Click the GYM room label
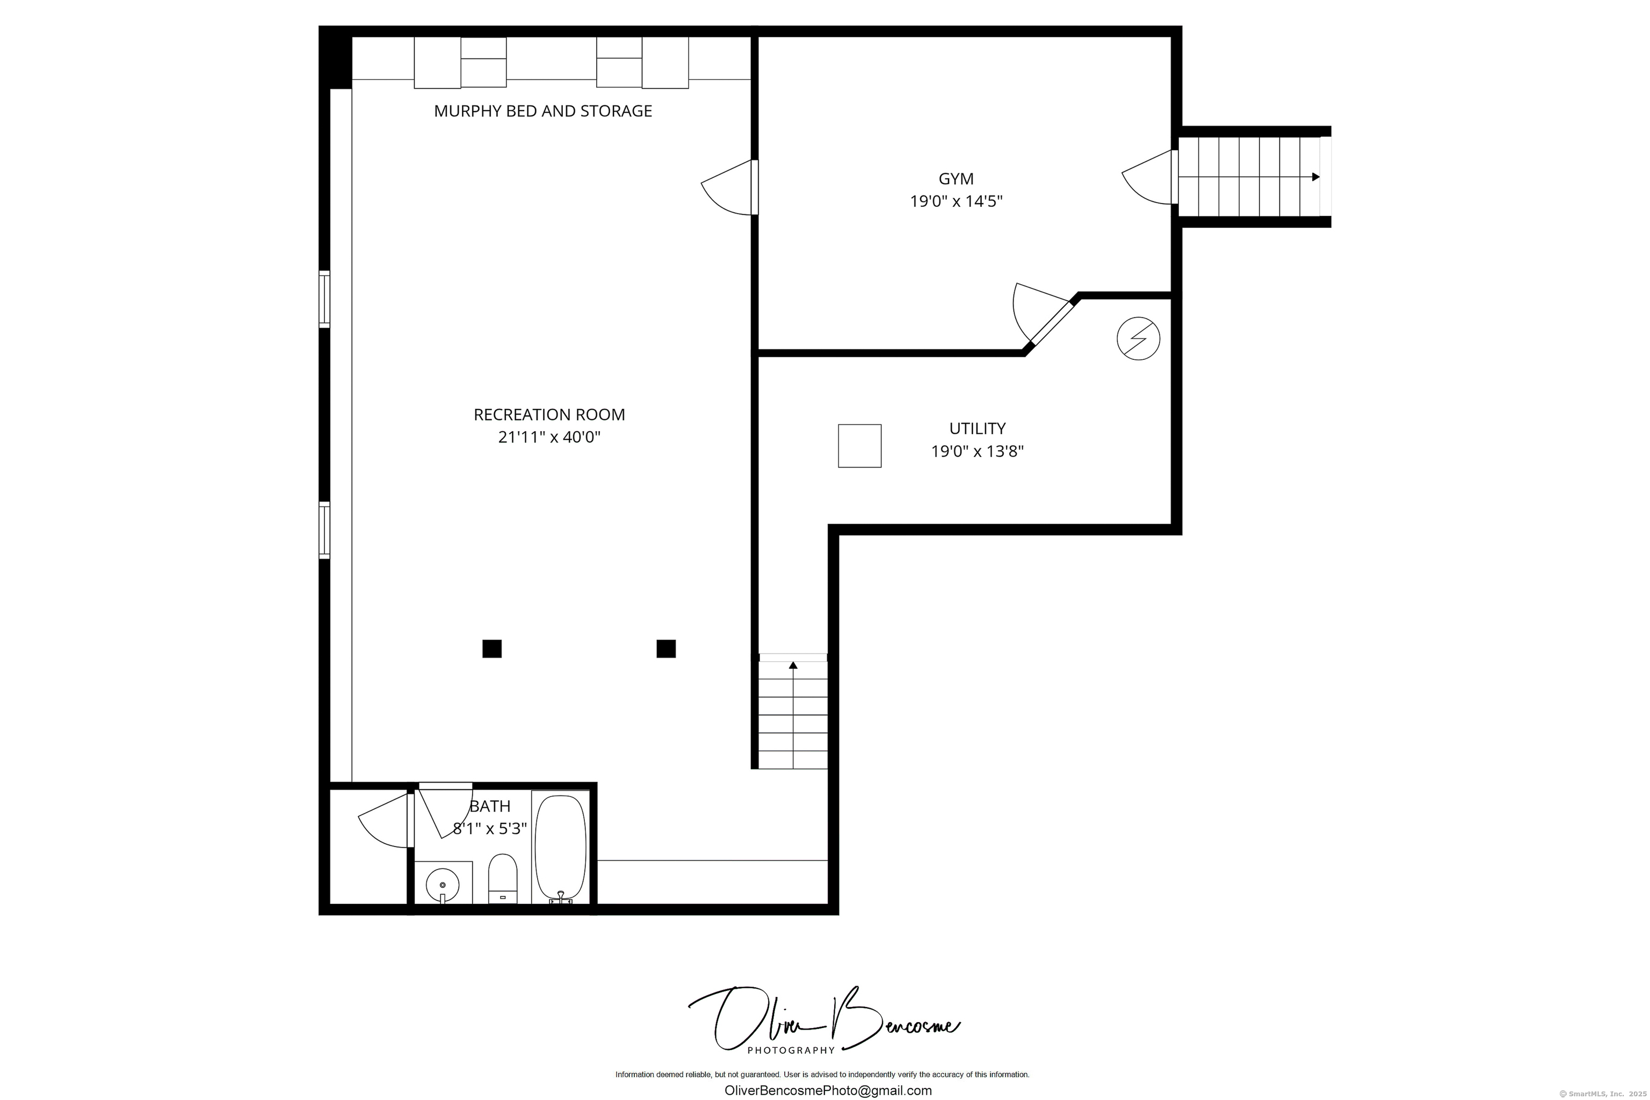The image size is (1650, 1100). pos(956,179)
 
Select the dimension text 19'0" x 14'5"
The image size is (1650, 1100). pos(956,201)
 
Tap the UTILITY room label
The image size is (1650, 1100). pos(976,428)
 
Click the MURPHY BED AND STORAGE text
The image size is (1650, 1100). pos(542,111)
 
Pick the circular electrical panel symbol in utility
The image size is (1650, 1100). pos(1138,339)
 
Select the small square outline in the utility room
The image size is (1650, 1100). pos(859,445)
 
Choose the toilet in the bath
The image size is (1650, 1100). pos(502,878)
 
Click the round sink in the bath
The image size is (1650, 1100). pos(443,885)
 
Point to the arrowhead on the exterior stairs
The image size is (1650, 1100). pos(1315,177)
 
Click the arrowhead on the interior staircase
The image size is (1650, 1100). pos(793,664)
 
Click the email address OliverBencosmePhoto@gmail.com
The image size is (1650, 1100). pos(828,1090)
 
